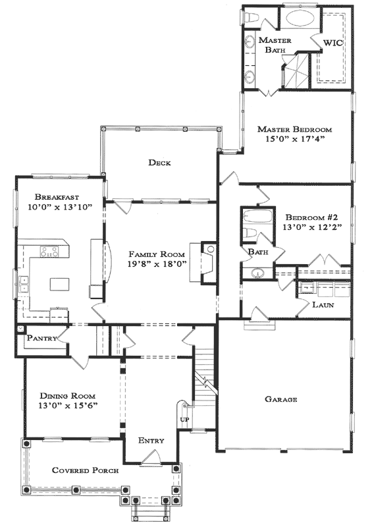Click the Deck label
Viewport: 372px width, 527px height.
[x=159, y=163]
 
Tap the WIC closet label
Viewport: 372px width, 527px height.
[x=332, y=43]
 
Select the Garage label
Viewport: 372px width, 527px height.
[x=281, y=399]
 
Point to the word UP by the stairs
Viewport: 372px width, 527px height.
[x=184, y=419]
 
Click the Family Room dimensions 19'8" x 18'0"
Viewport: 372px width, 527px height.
[x=157, y=264]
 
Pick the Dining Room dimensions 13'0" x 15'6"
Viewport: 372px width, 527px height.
[x=68, y=406]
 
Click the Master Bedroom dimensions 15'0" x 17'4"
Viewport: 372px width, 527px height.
[x=295, y=139]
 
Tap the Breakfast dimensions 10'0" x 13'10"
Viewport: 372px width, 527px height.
[x=60, y=207]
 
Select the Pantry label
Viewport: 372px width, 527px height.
[x=42, y=338]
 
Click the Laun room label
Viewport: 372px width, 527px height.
[x=323, y=305]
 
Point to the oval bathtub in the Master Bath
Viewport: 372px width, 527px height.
[x=300, y=17]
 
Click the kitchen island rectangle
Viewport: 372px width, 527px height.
[x=60, y=284]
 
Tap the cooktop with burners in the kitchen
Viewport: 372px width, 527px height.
[x=49, y=252]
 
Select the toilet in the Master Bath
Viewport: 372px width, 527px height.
[x=251, y=17]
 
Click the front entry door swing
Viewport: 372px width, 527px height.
[x=151, y=457]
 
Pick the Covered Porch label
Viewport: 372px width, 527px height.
[x=86, y=470]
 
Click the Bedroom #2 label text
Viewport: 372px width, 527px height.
[x=305, y=217]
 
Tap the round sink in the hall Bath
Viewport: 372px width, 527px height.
[x=257, y=273]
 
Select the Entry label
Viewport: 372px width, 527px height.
[x=151, y=440]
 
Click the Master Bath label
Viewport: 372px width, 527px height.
[x=275, y=45]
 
